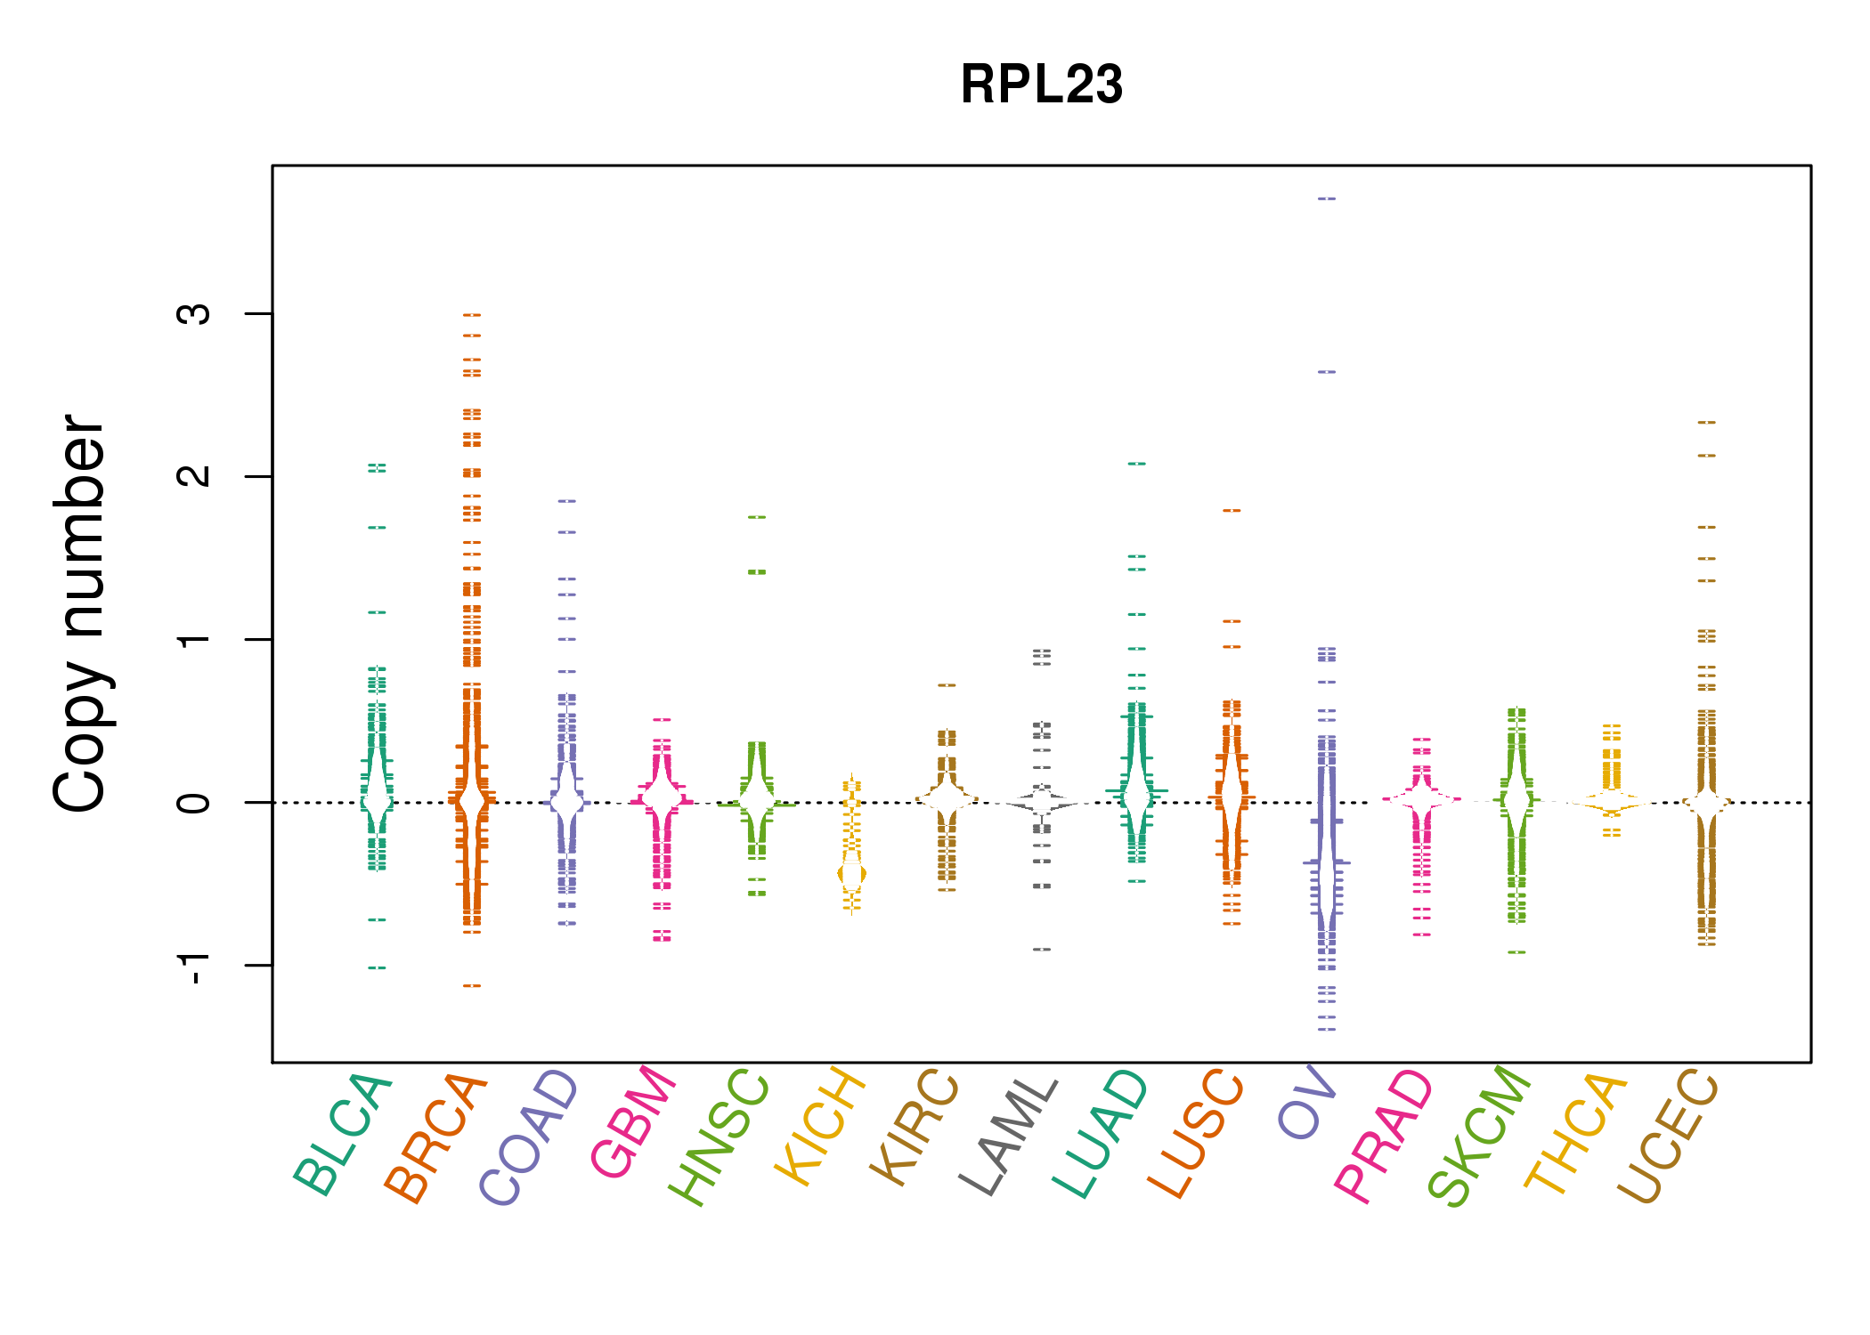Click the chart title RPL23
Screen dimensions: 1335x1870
(1041, 85)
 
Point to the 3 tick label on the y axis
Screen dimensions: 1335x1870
(194, 313)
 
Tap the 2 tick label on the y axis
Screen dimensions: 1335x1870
(194, 476)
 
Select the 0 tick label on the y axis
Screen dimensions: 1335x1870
(194, 802)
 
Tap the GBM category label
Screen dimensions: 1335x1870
(633, 1122)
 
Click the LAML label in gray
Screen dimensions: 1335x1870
(1009, 1137)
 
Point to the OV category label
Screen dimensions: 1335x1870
(1307, 1104)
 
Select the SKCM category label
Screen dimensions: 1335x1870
(1479, 1137)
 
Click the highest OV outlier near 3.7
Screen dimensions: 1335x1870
(1327, 198)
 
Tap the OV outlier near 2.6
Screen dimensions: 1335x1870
(1327, 372)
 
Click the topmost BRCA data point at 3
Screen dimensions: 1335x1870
(472, 315)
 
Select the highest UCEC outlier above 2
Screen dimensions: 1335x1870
(1706, 423)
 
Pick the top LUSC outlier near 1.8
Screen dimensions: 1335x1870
(1232, 511)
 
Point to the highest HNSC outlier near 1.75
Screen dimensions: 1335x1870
(757, 517)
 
